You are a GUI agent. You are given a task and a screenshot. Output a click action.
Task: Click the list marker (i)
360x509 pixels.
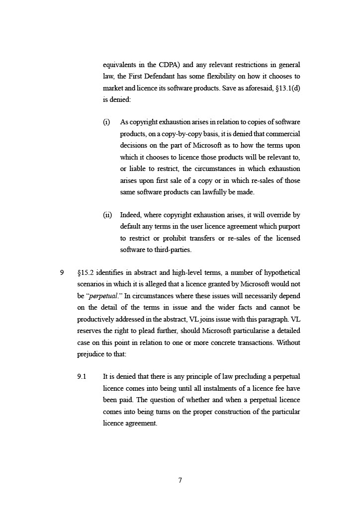pyautogui.click(x=106, y=122)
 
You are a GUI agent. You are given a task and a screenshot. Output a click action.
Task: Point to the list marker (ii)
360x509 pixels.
pyautogui.click(x=107, y=215)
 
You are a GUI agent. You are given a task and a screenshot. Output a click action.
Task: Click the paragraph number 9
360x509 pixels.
pyautogui.click(x=62, y=273)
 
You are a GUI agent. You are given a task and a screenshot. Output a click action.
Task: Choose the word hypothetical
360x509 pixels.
pyautogui.click(x=282, y=273)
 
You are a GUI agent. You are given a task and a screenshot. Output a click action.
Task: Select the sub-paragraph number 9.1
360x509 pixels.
pyautogui.click(x=82, y=377)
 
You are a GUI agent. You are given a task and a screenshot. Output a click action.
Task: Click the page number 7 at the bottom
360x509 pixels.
pyautogui.click(x=180, y=480)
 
